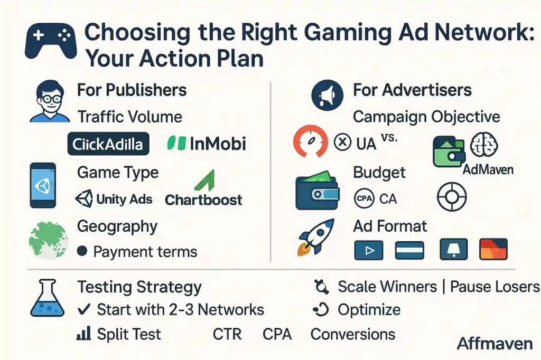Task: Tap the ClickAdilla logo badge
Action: [x=108, y=144]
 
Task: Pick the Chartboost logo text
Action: [x=203, y=200]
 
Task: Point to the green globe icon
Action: [x=48, y=240]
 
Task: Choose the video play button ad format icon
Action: [x=369, y=249]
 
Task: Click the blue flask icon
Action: [x=48, y=298]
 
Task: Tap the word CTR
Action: [x=227, y=334]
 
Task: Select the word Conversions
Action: [x=352, y=334]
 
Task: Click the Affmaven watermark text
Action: [x=495, y=344]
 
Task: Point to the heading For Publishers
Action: [x=132, y=90]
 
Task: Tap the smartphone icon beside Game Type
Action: [x=43, y=185]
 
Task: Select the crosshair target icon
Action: [x=452, y=198]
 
